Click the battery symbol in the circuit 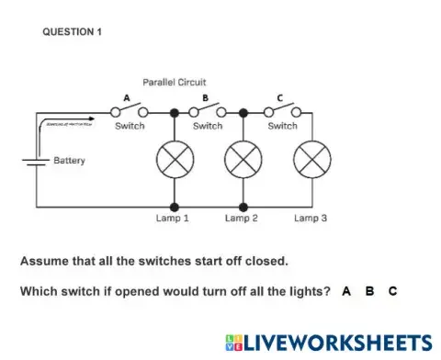pos(36,162)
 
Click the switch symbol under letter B pos(208,111)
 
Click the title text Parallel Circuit pos(175,82)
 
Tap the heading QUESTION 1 pos(73,32)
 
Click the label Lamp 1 pos(173,219)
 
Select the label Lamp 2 pos(242,219)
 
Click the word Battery pos(69,161)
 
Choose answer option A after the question pos(346,291)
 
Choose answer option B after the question pos(369,291)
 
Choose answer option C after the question pos(392,291)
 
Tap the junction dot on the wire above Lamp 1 pos(174,112)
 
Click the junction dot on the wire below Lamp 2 pos(243,207)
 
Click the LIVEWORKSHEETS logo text pos(327,342)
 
